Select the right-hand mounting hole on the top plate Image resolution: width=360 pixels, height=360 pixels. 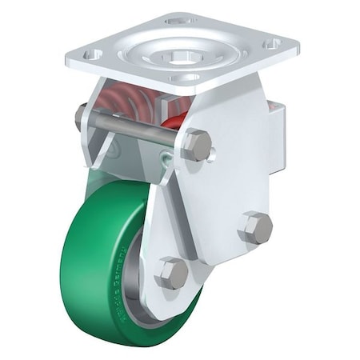pyautogui.click(x=272, y=43)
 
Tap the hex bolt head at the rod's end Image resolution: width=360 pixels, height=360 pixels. pyautogui.click(x=197, y=145)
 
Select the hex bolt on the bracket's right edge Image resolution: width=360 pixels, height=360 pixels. pyautogui.click(x=256, y=228)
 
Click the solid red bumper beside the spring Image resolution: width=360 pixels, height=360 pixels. pyautogui.click(x=174, y=119)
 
